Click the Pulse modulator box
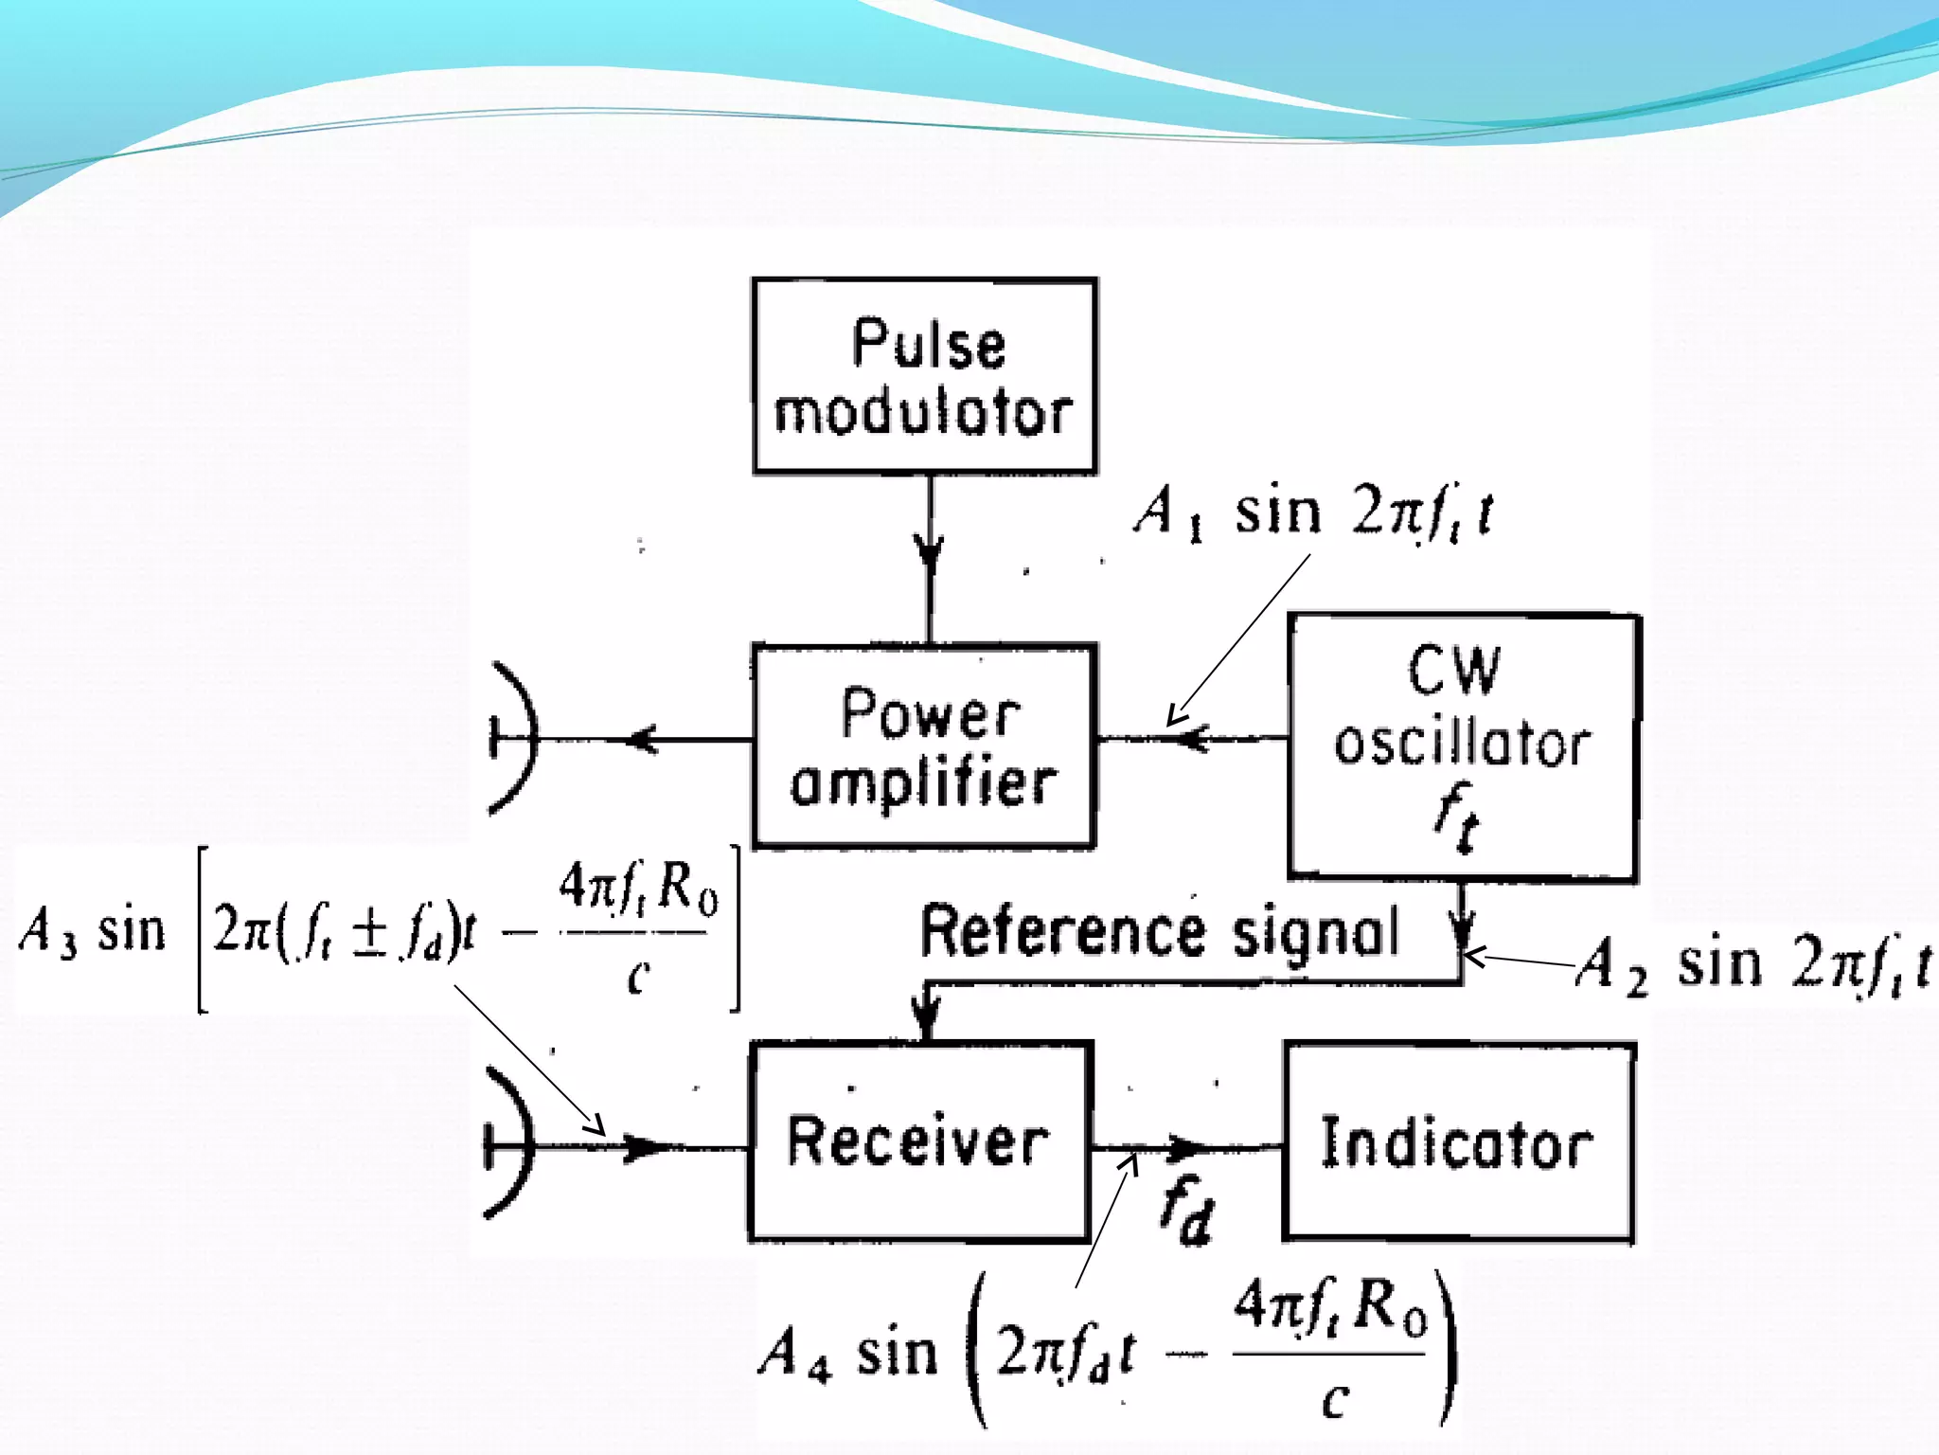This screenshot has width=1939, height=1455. pos(925,376)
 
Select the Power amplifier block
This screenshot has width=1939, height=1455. pos(925,745)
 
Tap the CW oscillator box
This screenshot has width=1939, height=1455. pos(1463,747)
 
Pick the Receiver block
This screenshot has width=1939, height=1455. pos(920,1141)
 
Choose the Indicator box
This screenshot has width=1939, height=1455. pos(1459,1142)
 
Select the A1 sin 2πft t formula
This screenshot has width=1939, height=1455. pos(1313,513)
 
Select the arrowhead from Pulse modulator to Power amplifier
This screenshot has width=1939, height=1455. pos(930,552)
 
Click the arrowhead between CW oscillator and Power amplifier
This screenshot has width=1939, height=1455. pos(1195,738)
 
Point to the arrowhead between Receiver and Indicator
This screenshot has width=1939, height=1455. pos(1184,1147)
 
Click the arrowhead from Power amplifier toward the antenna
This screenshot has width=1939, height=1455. pos(643,739)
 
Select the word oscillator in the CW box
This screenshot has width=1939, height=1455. pos(1462,744)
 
